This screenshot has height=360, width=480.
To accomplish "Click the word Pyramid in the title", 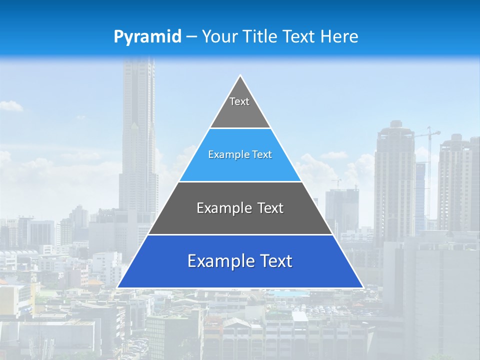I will point(147,37).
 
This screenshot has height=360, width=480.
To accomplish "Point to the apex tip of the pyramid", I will point(240,76).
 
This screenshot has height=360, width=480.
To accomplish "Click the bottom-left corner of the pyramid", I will point(118,287).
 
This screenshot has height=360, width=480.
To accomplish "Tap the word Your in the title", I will point(219,37).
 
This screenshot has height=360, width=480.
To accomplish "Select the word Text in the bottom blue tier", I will point(275,261).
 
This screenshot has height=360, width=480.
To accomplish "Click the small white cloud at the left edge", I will point(10,105).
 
